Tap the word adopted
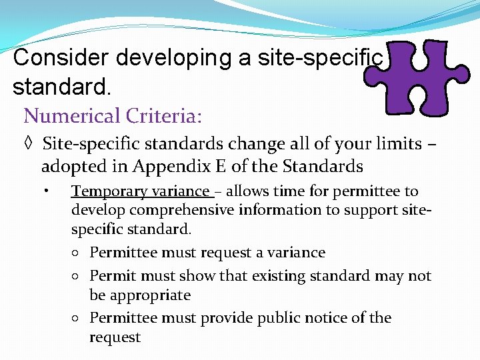coord(70,165)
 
